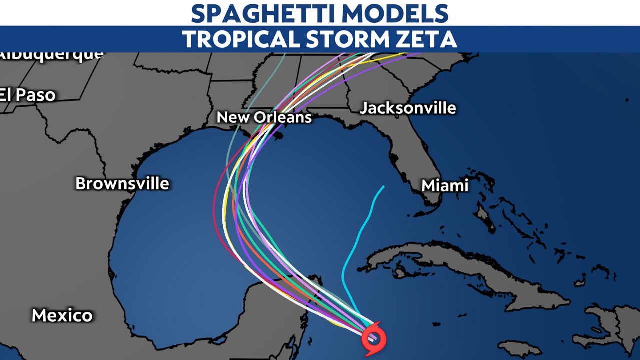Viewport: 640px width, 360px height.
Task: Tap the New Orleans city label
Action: coord(264,117)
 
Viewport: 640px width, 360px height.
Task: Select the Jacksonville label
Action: coord(408,108)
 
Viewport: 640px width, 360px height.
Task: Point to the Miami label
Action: coord(445,186)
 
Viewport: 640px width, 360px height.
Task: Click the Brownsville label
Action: coord(122,183)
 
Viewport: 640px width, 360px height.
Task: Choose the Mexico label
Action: coord(62,315)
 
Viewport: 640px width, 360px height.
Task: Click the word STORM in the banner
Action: coord(348,39)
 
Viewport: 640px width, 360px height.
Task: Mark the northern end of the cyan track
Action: coord(383,187)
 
